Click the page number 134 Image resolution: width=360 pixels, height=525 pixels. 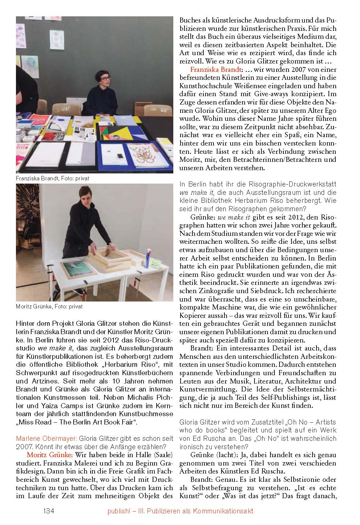(x=49, y=511)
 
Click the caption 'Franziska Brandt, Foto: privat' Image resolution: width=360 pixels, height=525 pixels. (x=53, y=179)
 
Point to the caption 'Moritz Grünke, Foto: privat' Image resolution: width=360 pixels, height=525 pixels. (x=49, y=306)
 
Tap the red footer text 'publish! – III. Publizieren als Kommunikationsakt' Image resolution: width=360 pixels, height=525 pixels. (x=180, y=511)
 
